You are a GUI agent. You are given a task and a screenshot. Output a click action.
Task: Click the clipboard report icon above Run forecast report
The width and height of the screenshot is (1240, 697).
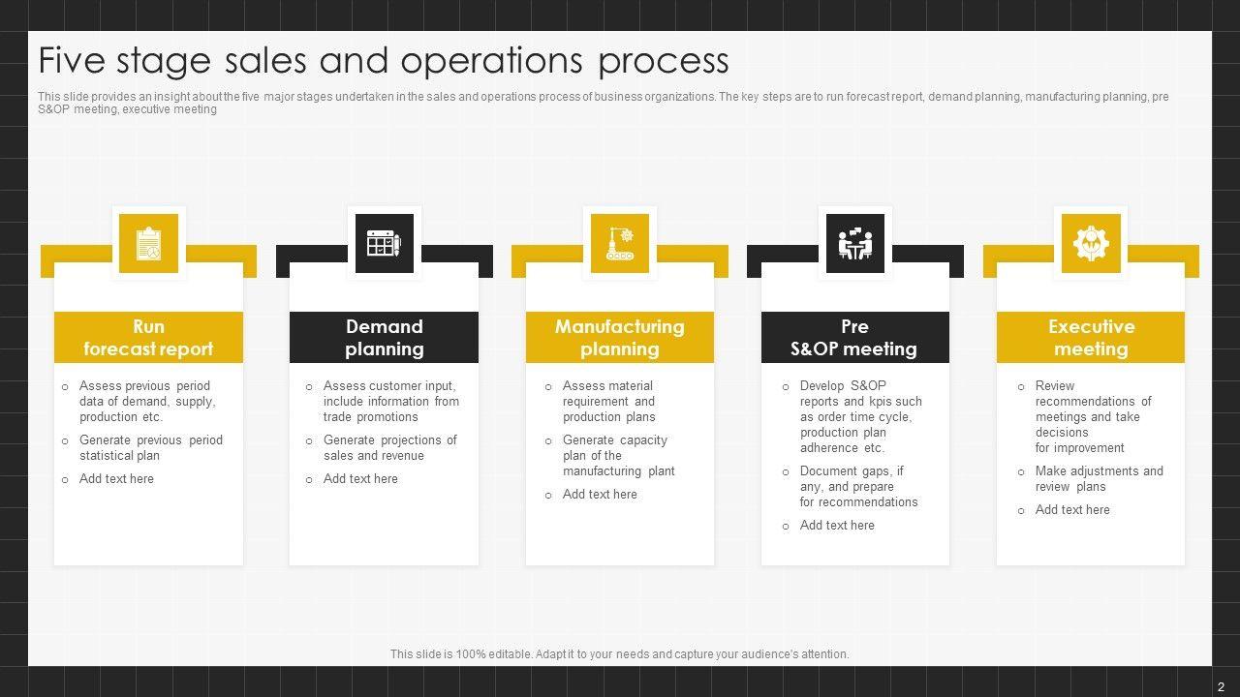click(x=148, y=243)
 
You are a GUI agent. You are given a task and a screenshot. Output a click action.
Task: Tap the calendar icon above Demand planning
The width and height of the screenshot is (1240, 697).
click(x=385, y=243)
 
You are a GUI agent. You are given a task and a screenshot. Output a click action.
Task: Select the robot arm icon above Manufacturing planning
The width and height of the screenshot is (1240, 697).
click(x=620, y=243)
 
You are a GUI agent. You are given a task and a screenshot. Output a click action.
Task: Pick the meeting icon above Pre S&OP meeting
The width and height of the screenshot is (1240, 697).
click(x=855, y=243)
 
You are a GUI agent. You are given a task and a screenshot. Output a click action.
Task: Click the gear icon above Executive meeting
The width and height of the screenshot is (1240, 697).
click(x=1091, y=243)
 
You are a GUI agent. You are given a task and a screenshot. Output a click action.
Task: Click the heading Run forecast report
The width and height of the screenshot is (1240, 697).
click(x=148, y=338)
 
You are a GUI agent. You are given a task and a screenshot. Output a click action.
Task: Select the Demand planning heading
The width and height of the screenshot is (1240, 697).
click(x=385, y=338)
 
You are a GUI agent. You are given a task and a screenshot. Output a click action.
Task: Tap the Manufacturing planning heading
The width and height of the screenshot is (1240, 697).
click(x=620, y=338)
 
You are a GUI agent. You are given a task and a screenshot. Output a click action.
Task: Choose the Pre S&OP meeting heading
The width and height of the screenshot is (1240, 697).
click(x=854, y=338)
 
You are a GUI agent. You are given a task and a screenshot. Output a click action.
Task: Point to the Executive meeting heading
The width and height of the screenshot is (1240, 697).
click(x=1091, y=338)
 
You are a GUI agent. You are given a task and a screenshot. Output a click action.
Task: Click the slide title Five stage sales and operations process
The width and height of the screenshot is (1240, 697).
click(x=384, y=60)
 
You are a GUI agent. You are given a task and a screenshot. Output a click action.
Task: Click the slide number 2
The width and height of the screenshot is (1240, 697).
click(x=1221, y=686)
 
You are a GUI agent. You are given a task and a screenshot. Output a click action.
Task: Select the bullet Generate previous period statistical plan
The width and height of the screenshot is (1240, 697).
click(x=150, y=447)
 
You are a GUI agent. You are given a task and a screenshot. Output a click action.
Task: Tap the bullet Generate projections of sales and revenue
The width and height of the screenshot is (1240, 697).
click(x=389, y=447)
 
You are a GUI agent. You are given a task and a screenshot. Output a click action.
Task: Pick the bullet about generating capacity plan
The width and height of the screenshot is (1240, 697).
click(x=618, y=455)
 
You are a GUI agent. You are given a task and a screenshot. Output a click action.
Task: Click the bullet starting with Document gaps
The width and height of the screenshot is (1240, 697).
click(x=858, y=486)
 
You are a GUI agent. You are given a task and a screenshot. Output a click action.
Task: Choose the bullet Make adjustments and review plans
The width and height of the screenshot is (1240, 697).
click(x=1099, y=478)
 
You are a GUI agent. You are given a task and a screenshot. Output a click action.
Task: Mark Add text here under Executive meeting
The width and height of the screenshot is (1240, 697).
click(x=1072, y=509)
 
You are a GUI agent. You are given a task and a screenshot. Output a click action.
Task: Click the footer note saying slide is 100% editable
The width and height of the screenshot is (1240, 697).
click(x=620, y=654)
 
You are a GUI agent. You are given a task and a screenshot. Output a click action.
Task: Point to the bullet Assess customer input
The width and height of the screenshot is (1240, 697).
click(x=390, y=401)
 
